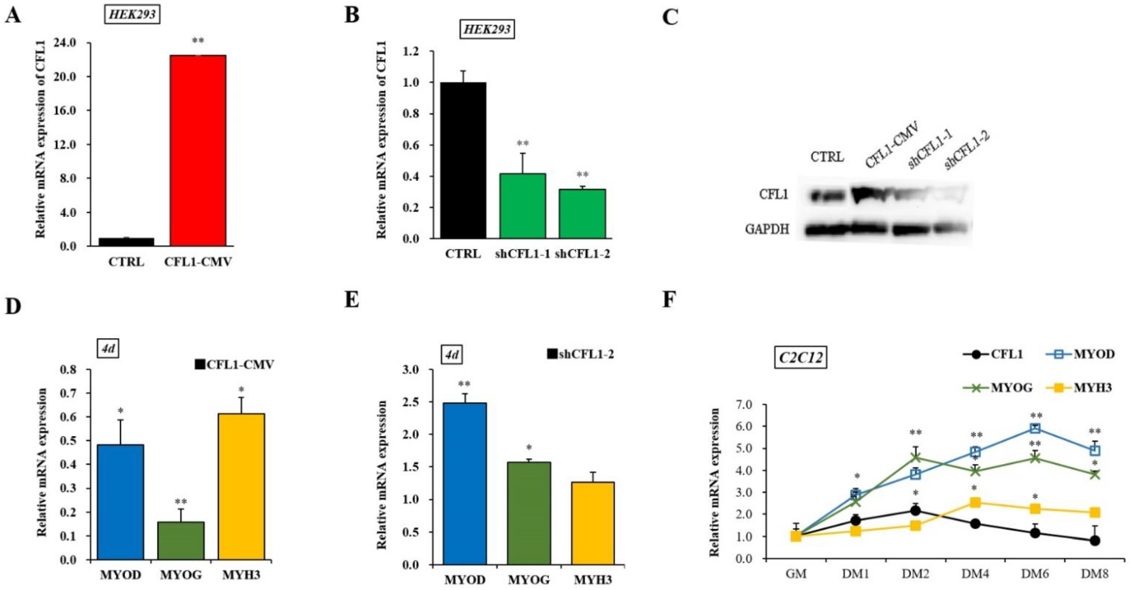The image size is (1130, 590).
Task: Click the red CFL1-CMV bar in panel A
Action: point(198,150)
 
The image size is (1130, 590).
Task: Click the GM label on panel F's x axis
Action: point(796,574)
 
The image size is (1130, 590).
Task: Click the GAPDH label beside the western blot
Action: point(767,229)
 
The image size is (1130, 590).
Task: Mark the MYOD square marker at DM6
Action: point(1035,428)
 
